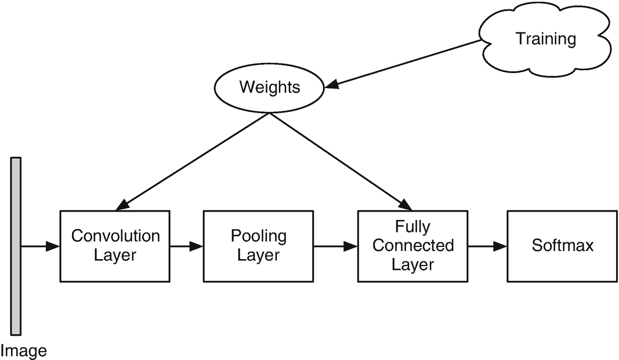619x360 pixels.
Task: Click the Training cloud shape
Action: pos(545,39)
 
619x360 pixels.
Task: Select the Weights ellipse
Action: pos(270,88)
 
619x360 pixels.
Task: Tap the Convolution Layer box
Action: pos(115,246)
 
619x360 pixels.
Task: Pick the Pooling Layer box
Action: pos(258,246)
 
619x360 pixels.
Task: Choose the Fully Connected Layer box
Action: pos(412,246)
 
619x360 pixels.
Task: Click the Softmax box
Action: pos(562,246)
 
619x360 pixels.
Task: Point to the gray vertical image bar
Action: pos(16,246)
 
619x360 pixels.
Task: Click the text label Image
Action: pos(23,350)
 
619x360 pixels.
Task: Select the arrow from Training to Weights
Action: pos(406,64)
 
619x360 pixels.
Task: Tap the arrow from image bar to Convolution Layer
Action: pos(41,246)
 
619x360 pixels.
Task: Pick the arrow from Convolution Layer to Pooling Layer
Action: pos(186,246)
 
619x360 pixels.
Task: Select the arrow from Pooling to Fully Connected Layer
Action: pos(335,246)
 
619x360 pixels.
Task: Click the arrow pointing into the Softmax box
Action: pos(487,246)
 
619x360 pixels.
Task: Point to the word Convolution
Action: pos(115,237)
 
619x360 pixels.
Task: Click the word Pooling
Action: pos(258,237)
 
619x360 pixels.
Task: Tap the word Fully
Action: pos(412,227)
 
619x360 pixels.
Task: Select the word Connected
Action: pos(412,246)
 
